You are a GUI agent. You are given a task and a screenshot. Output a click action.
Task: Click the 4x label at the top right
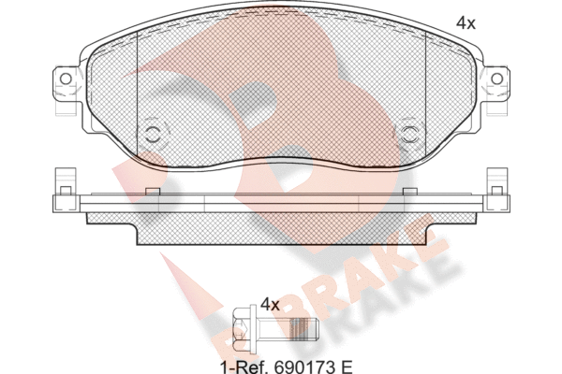click(466, 23)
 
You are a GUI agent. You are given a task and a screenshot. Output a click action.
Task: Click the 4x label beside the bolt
click(270, 305)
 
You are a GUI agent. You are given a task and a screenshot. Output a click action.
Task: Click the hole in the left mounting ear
click(66, 79)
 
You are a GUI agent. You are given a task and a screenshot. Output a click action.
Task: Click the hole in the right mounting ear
click(496, 79)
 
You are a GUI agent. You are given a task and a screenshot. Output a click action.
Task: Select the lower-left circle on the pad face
click(154, 135)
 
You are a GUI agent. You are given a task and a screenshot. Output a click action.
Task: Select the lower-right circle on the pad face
click(408, 135)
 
